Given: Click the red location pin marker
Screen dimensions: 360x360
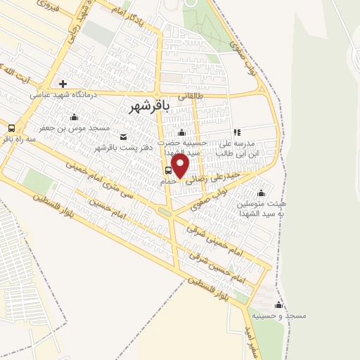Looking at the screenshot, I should pyautogui.click(x=181, y=166).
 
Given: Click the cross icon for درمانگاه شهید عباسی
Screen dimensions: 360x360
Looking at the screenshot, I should pyautogui.click(x=63, y=84).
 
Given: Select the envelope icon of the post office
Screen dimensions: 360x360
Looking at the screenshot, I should pyautogui.click(x=124, y=136).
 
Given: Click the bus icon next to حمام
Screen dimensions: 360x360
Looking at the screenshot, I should pyautogui.click(x=167, y=170).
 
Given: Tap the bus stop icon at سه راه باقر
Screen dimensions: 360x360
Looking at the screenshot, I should pyautogui.click(x=11, y=128).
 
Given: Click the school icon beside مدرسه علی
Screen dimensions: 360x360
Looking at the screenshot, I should pyautogui.click(x=237, y=131).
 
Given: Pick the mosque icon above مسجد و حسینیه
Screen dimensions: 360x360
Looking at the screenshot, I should pyautogui.click(x=278, y=304).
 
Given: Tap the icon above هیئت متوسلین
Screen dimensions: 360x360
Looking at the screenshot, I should pyautogui.click(x=262, y=193).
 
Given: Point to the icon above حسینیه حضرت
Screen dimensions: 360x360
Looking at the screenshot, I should pyautogui.click(x=182, y=133).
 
